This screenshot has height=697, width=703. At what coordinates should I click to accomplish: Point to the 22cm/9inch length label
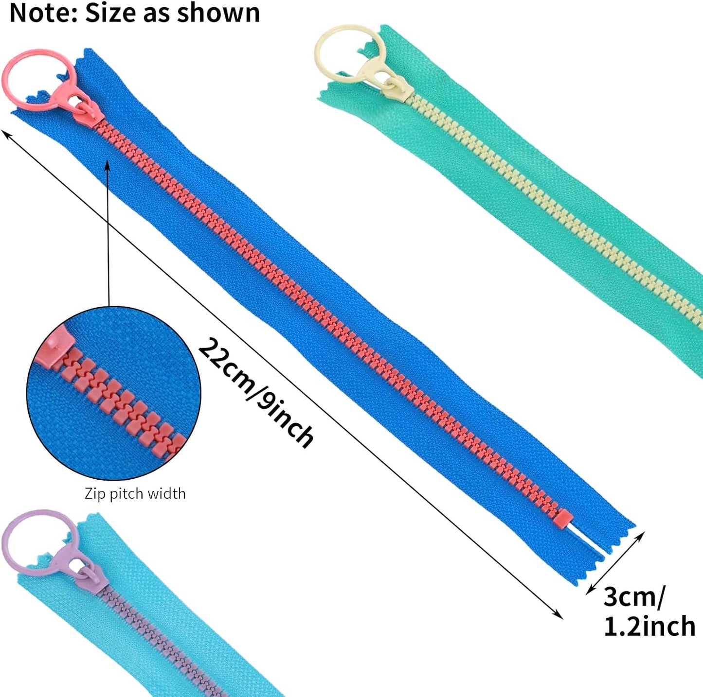pyautogui.click(x=256, y=392)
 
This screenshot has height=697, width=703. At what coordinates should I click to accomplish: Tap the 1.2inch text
pyautogui.click(x=649, y=626)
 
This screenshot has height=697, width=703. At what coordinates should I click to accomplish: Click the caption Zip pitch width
pyautogui.click(x=135, y=494)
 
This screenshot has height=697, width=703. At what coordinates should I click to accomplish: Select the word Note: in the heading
pyautogui.click(x=43, y=13)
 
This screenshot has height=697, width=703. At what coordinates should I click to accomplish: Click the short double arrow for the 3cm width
pyautogui.click(x=615, y=563)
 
